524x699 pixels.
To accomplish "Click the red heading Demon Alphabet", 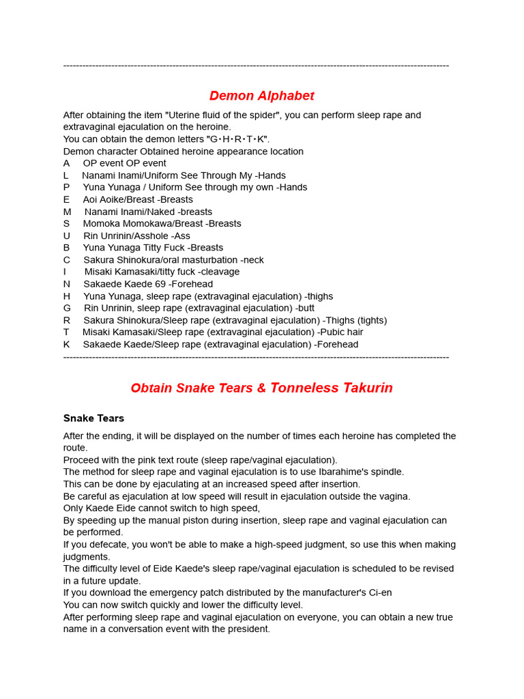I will pyautogui.click(x=261, y=96).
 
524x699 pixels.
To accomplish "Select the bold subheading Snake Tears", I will pyautogui.click(x=93, y=418).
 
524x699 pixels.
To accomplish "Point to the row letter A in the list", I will pyautogui.click(x=67, y=163).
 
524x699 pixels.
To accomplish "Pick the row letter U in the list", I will pyautogui.click(x=67, y=236).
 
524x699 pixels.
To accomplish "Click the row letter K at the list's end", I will pyautogui.click(x=67, y=344).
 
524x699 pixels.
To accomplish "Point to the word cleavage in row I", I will pyautogui.click(x=218, y=272).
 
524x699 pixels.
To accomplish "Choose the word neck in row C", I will pyautogui.click(x=253, y=259).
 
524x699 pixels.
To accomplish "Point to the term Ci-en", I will pyautogui.click(x=378, y=593).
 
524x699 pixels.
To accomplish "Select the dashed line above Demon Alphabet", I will pyautogui.click(x=256, y=66).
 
